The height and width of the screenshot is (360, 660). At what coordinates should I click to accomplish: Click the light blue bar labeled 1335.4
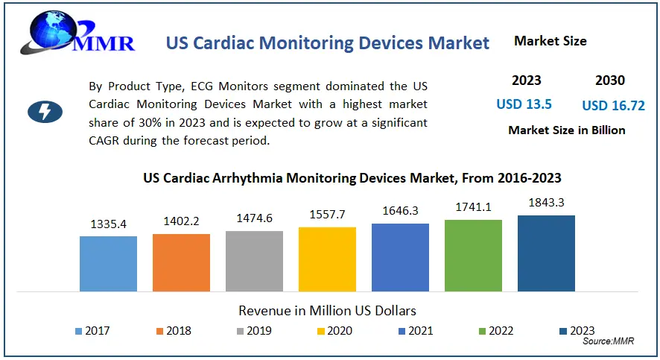coord(108,263)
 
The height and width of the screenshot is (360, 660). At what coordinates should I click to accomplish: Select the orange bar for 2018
coord(181,262)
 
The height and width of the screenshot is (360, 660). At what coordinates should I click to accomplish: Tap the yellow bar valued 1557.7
coord(327,259)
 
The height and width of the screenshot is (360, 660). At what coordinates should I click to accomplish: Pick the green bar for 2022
coord(473,255)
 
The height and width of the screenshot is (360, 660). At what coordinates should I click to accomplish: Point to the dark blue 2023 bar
coord(546,253)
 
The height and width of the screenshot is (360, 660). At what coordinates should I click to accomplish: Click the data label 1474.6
coord(254,218)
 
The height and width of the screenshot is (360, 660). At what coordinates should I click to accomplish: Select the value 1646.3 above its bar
coord(400,211)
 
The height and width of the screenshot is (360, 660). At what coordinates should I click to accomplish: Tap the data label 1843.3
coord(546,203)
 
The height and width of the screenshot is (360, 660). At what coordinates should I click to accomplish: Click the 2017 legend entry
coord(93,331)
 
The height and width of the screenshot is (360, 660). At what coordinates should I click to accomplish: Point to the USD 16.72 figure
coord(613,105)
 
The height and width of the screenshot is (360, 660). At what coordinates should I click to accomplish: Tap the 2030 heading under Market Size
coord(610,80)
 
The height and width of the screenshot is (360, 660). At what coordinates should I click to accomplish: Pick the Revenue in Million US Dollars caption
coord(327,309)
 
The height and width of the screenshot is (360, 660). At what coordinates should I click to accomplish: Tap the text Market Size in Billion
coord(566,130)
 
